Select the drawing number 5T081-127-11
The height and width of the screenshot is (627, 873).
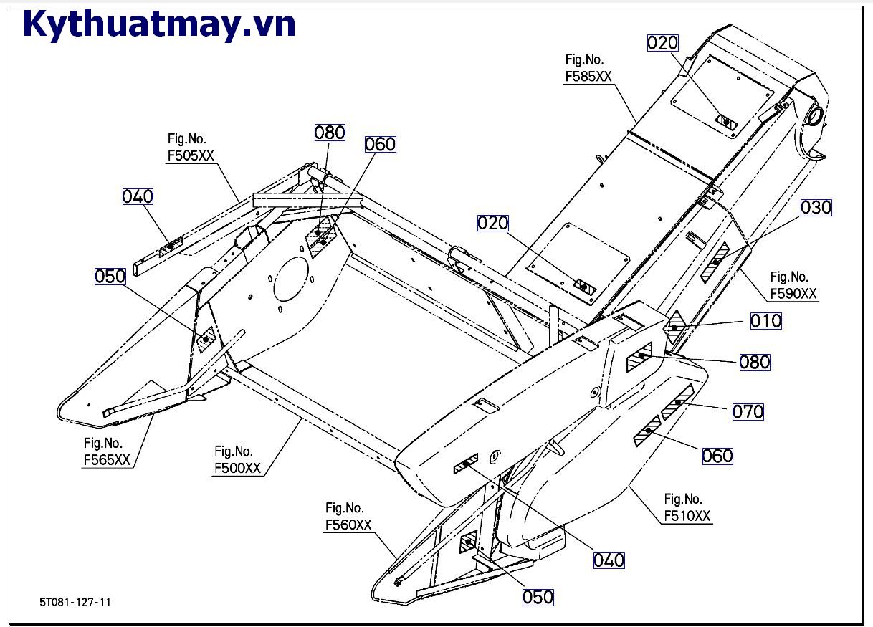click(x=75, y=602)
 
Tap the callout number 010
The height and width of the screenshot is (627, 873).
click(x=765, y=321)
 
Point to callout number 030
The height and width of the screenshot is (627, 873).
click(x=816, y=208)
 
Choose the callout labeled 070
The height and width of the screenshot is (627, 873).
click(x=748, y=411)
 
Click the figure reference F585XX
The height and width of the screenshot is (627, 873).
click(x=588, y=77)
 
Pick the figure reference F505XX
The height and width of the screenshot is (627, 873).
click(x=190, y=156)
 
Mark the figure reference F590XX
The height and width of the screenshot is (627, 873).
click(x=793, y=294)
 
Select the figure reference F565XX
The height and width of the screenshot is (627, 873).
click(x=107, y=460)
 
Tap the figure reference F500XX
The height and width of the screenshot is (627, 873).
click(x=237, y=468)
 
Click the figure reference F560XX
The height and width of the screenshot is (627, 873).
click(x=348, y=525)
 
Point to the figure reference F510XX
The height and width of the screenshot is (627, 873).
click(x=687, y=516)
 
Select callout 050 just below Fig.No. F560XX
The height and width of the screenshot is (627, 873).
click(x=538, y=596)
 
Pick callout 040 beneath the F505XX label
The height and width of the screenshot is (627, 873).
click(x=138, y=196)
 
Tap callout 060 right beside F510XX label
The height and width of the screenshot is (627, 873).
click(x=717, y=456)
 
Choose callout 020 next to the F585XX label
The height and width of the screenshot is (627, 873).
click(x=662, y=43)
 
